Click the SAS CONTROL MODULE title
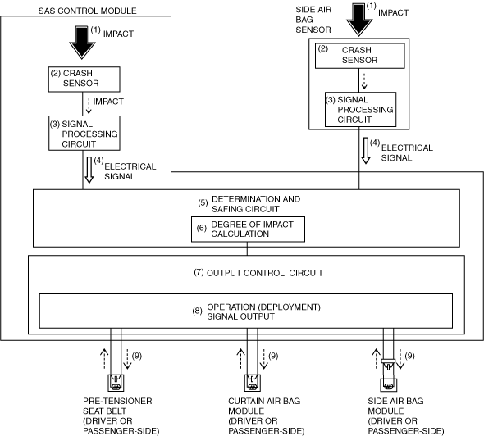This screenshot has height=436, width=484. click(87, 11)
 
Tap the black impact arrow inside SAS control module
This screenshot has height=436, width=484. click(82, 43)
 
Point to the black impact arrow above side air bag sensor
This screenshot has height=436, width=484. click(358, 20)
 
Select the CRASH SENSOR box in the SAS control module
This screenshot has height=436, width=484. click(84, 79)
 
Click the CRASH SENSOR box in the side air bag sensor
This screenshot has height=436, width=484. click(359, 56)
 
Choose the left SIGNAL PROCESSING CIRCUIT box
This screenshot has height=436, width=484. click(84, 134)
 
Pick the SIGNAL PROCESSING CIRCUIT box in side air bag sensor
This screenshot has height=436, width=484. click(360, 110)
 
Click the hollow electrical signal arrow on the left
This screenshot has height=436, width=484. click(89, 170)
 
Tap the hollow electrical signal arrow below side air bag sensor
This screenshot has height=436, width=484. click(366, 151)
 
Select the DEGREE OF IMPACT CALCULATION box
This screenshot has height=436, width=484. click(248, 229)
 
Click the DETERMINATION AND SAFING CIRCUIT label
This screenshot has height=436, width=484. click(256, 204)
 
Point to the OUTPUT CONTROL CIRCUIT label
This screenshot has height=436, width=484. click(264, 273)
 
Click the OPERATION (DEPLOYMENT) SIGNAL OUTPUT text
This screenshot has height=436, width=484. click(263, 311)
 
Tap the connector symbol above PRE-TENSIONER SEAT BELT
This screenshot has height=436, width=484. click(116, 383)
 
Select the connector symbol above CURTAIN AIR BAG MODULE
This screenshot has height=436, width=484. click(252, 383)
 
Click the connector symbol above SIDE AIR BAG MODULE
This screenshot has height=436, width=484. click(388, 375)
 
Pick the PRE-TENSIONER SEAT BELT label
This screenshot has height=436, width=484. click(117, 406)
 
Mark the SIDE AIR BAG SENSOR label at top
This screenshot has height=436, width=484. click(313, 20)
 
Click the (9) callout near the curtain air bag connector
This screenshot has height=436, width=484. click(273, 356)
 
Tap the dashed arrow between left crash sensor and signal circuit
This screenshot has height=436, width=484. click(89, 106)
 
